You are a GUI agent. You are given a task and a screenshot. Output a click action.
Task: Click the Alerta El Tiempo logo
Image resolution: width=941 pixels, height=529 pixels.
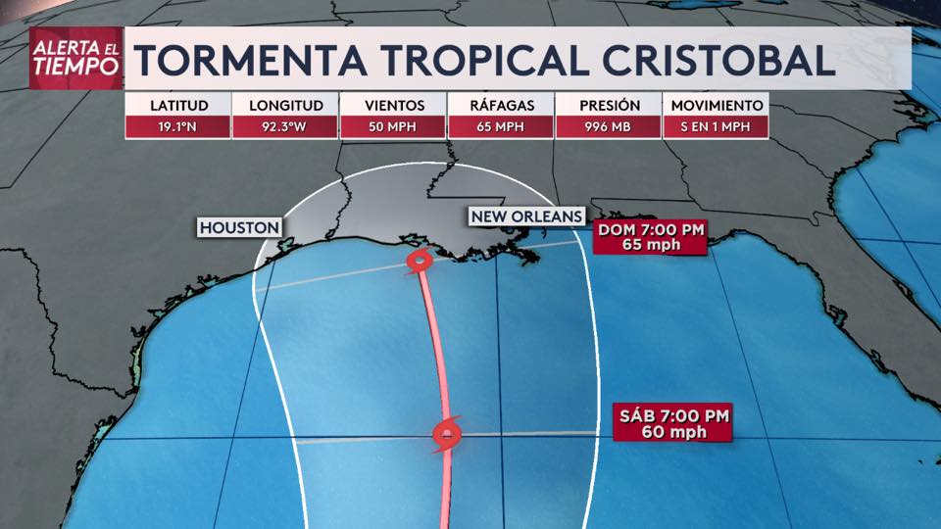[x=76, y=59]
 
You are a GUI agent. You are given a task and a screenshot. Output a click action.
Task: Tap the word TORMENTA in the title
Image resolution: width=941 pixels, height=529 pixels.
[x=252, y=60]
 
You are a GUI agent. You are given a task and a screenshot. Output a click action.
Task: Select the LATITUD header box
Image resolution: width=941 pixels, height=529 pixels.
[x=177, y=105]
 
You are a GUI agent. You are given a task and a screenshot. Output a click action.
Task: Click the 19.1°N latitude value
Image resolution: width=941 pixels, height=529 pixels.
[x=177, y=126]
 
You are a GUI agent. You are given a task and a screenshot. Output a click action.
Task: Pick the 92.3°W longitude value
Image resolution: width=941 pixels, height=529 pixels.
[x=285, y=126]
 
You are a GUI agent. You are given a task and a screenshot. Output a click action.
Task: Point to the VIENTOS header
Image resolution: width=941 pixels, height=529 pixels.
[x=393, y=105]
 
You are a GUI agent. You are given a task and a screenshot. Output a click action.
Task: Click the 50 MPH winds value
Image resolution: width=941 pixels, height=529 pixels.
[x=393, y=126]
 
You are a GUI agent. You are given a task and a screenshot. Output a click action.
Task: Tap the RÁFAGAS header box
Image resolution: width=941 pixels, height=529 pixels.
[x=500, y=105]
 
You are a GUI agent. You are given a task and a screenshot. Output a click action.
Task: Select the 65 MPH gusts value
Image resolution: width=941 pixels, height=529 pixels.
[x=500, y=126]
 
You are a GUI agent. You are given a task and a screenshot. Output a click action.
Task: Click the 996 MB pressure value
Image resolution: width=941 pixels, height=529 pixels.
[x=608, y=126]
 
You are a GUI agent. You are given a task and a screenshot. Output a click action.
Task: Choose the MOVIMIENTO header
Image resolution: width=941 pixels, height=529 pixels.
[x=715, y=105]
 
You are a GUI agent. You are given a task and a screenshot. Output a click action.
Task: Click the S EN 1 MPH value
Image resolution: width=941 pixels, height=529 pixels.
[x=715, y=126]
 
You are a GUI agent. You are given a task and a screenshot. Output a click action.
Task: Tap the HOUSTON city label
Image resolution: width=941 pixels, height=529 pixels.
[x=239, y=227]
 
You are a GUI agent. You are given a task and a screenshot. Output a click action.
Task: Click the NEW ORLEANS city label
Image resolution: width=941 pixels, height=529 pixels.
[x=526, y=216]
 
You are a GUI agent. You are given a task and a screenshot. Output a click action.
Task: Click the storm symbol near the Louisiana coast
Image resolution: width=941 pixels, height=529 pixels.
[x=420, y=261]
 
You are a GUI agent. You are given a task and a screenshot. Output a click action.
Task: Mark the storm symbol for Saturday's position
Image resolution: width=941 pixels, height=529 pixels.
[x=446, y=434]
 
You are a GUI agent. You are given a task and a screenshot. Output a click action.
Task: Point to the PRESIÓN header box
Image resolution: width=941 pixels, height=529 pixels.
[x=608, y=105]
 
